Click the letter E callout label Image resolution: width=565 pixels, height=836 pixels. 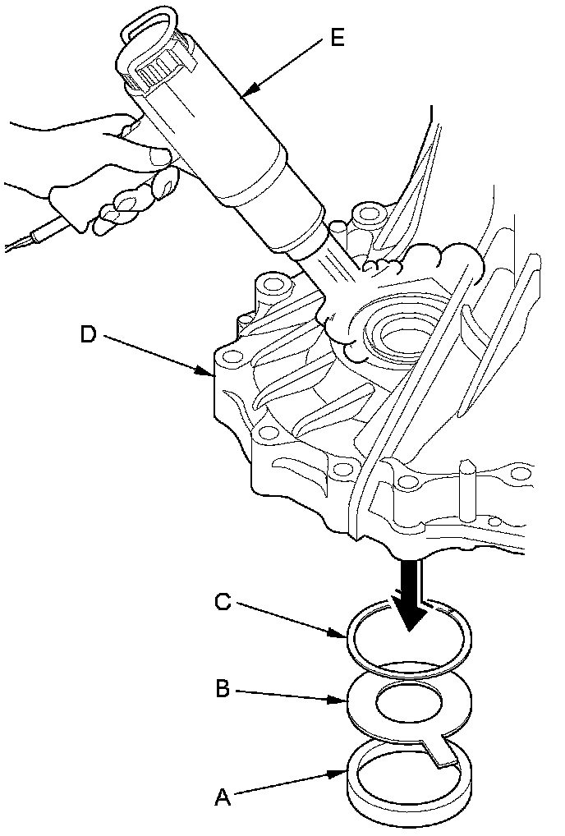coord(337,39)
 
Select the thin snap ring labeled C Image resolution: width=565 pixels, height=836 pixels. coord(355,649)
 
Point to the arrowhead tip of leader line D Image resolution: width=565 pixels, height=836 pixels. coord(213,375)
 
